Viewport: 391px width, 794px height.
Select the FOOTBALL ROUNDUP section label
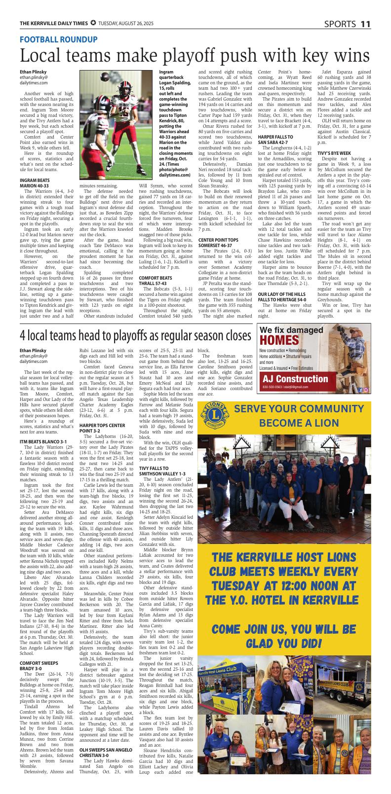(x=59, y=39)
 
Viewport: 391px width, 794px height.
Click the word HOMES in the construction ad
(x=279, y=341)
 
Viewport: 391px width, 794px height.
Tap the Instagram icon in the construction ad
(x=366, y=390)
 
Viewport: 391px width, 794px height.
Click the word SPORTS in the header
(x=340, y=24)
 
